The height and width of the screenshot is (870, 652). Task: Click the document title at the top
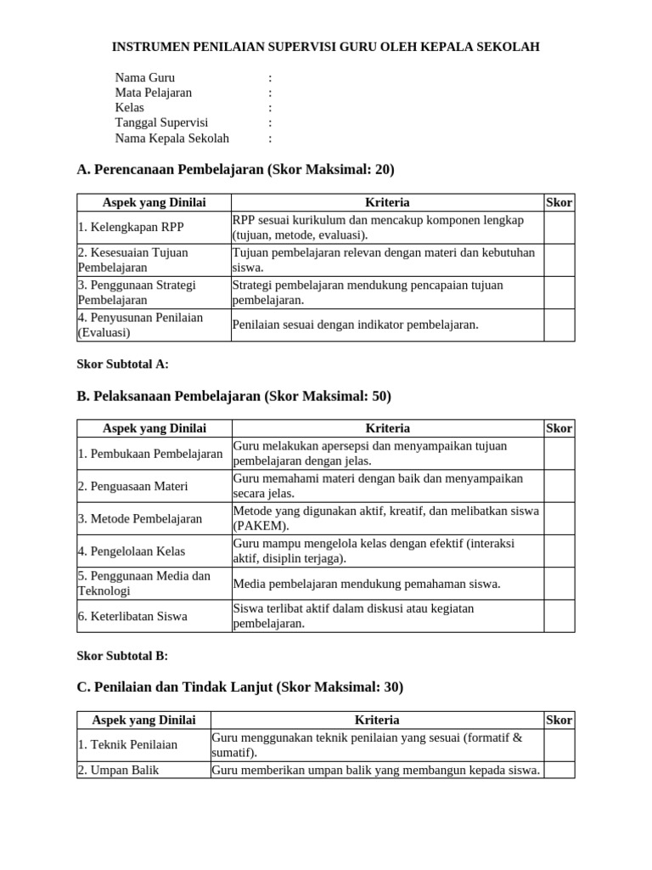326,47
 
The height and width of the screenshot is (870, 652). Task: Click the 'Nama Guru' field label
145,77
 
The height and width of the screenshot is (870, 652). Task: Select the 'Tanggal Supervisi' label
161,123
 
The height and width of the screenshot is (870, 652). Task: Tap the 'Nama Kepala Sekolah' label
172,138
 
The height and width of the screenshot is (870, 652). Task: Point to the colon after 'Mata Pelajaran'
270,93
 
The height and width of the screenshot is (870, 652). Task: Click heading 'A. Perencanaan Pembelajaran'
235,170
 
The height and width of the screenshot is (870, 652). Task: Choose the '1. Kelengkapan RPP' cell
131,228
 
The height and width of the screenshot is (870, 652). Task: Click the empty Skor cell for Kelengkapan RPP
559,228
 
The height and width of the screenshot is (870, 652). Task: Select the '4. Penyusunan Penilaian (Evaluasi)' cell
140,325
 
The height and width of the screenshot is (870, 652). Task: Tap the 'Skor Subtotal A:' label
123,364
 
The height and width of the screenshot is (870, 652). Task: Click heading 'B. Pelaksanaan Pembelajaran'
233,397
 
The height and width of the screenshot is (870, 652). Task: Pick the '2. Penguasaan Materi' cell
133,487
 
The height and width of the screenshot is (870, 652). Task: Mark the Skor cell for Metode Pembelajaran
559,519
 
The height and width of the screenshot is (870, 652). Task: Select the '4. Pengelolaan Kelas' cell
132,551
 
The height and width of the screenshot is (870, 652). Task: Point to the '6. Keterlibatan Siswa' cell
132,616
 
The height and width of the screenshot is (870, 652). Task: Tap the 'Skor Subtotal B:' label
122,656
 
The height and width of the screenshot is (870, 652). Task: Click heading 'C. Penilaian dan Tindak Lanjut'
239,687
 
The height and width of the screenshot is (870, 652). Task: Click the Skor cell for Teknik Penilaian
559,745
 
